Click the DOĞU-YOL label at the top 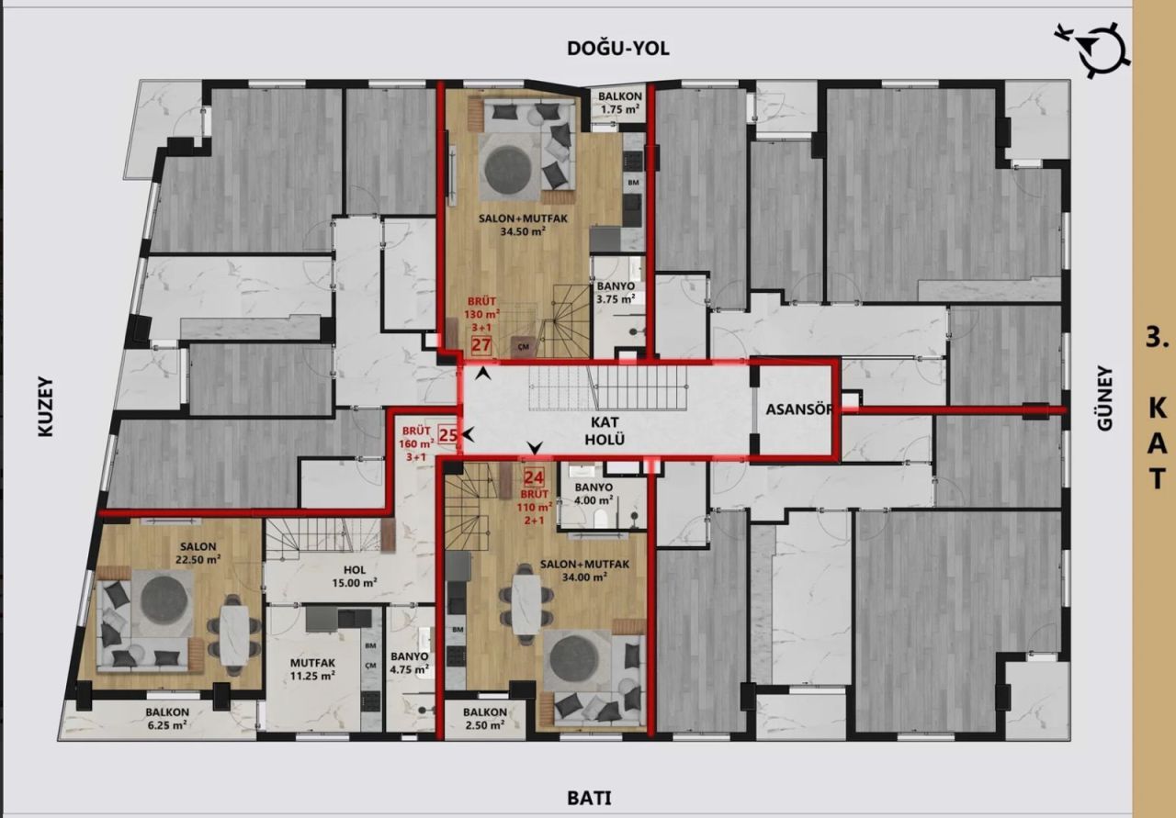coord(617,49)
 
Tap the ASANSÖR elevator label coord(794,410)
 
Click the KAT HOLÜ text coord(608,431)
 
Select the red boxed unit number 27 coord(481,345)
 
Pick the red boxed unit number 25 coord(447,434)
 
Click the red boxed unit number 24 coord(533,476)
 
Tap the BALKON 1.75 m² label coord(619,104)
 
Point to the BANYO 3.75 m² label coord(616,292)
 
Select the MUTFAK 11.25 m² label coord(312,667)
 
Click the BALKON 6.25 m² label coord(166,718)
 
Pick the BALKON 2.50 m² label coord(485,718)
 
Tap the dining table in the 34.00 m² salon coord(526,603)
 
